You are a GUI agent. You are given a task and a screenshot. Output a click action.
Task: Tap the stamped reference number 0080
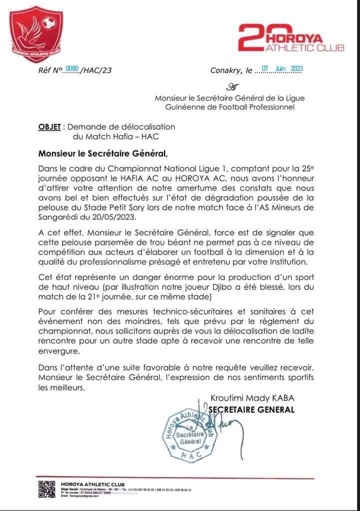pos(72,69)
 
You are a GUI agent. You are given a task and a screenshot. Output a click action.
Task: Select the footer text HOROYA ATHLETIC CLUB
pos(83,483)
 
